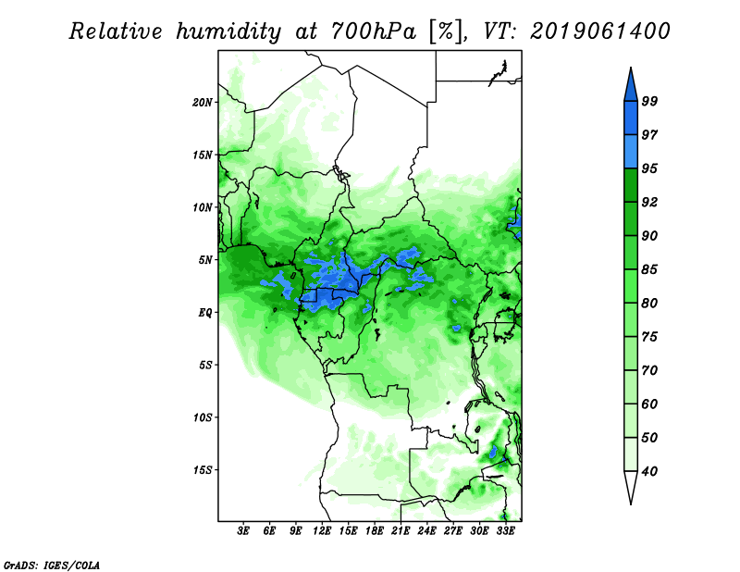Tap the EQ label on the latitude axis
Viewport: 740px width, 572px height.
(x=205, y=313)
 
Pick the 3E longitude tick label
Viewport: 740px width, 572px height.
(x=244, y=532)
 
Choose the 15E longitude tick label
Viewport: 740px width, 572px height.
(x=349, y=532)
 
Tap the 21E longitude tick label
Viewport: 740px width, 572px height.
(x=401, y=532)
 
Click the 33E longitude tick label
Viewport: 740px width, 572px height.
(x=505, y=532)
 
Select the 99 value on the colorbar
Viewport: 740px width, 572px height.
(x=649, y=102)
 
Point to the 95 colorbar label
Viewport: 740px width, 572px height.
(x=649, y=168)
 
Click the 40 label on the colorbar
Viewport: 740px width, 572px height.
(x=649, y=472)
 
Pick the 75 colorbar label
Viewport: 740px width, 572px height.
(x=649, y=337)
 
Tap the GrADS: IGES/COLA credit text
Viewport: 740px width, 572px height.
(x=51, y=563)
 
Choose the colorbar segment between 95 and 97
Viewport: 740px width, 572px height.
(x=630, y=152)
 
